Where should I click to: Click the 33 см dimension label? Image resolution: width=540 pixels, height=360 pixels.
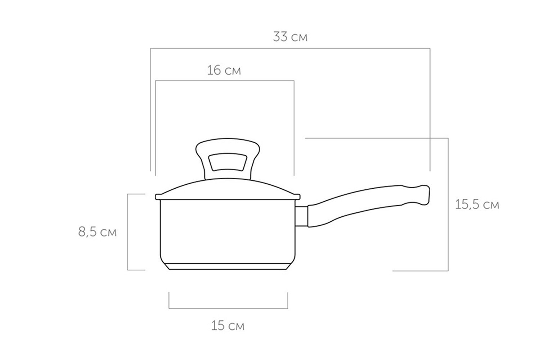[290, 37]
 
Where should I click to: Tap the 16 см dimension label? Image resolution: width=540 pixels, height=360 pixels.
[224, 71]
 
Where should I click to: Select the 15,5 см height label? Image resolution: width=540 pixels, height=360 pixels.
[477, 205]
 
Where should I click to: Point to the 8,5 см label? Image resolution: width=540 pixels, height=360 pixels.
[98, 232]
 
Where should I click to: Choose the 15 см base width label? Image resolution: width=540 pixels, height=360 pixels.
[228, 326]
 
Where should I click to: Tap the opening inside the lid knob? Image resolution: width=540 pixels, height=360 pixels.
[228, 162]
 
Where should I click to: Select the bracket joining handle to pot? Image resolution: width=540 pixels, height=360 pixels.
[301, 216]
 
